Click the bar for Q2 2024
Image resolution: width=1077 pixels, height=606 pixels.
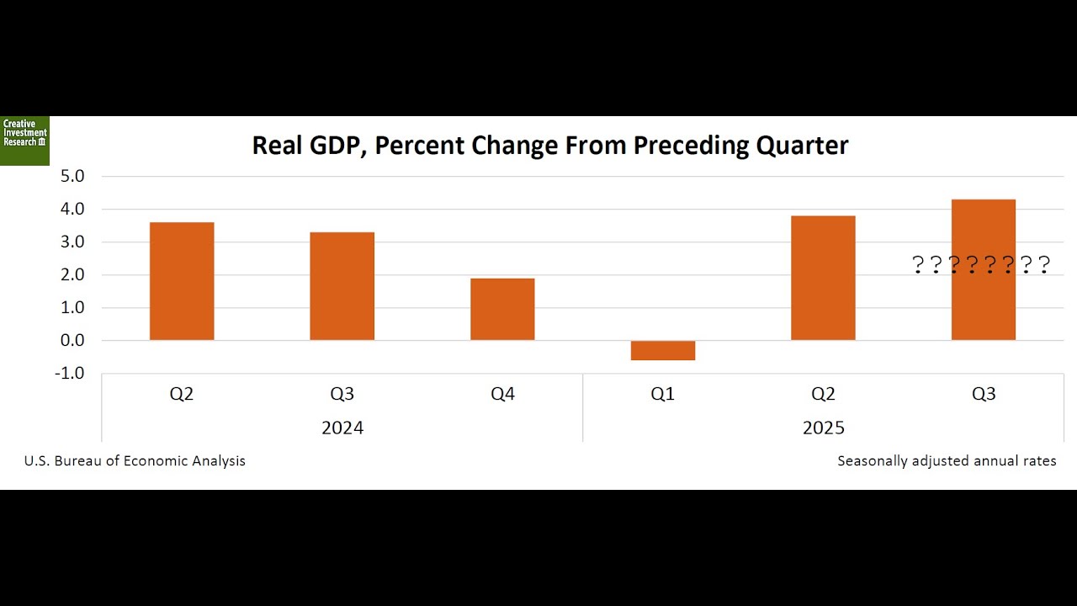pyautogui.click(x=182, y=281)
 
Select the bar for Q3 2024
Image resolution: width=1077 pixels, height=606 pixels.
pyautogui.click(x=342, y=286)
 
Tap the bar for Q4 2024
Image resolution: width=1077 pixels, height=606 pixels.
pyautogui.click(x=502, y=309)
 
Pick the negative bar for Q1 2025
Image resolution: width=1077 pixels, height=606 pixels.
pyautogui.click(x=663, y=350)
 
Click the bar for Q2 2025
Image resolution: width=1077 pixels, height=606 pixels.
pyautogui.click(x=823, y=278)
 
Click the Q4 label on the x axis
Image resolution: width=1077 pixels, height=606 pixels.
pyautogui.click(x=502, y=394)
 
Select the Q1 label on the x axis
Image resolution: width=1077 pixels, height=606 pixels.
pyautogui.click(x=663, y=394)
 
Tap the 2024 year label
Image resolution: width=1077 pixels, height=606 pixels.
pyautogui.click(x=342, y=428)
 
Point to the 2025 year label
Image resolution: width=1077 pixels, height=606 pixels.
pyautogui.click(x=823, y=428)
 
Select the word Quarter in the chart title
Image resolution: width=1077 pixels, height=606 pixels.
pyautogui.click(x=802, y=146)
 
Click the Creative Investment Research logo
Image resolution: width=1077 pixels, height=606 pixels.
pyautogui.click(x=24, y=140)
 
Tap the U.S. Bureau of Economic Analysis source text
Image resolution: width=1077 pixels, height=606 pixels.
pyautogui.click(x=135, y=460)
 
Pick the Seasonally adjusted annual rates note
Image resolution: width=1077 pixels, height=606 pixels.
pyautogui.click(x=947, y=460)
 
